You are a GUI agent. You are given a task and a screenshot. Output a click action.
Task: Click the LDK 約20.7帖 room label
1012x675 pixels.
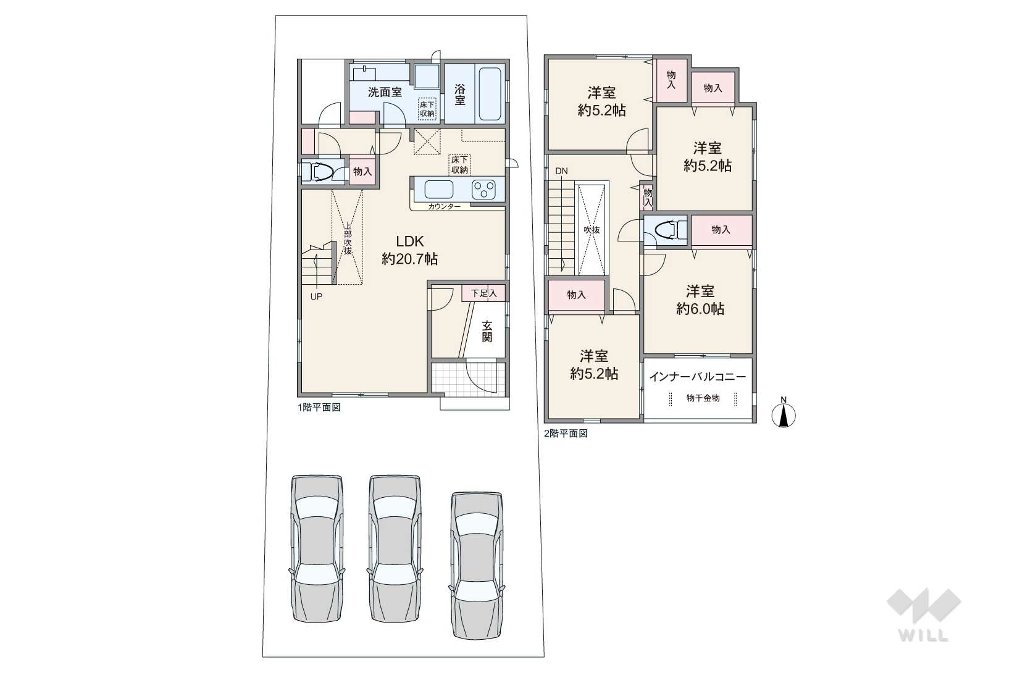point(410,249)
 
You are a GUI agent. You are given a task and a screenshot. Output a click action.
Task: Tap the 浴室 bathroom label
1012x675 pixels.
point(459,94)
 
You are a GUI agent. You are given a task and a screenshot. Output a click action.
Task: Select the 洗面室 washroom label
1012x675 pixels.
point(385,92)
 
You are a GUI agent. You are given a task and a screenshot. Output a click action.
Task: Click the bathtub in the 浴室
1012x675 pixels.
point(489,94)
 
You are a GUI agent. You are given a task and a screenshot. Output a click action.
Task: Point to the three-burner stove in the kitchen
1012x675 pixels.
point(483,190)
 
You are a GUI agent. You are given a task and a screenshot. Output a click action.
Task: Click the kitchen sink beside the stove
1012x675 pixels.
point(438,190)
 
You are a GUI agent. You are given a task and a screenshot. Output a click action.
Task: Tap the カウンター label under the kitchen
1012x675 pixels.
point(444,206)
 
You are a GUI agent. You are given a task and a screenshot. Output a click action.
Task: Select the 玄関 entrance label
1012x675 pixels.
point(487,331)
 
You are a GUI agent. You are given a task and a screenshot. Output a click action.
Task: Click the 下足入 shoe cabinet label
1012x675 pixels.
point(484,293)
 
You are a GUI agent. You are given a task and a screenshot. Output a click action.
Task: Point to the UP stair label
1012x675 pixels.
point(316,297)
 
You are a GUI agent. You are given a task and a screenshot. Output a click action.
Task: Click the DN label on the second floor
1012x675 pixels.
point(561,171)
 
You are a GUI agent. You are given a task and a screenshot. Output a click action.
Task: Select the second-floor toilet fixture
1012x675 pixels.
point(669,230)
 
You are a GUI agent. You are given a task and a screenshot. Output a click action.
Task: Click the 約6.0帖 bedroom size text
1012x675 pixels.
point(700,309)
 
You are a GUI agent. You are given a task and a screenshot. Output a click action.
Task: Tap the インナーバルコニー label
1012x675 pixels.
point(698,377)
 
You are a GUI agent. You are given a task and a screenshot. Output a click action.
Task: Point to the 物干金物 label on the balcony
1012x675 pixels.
point(703,398)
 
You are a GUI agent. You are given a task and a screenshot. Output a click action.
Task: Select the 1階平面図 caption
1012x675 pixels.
point(319,407)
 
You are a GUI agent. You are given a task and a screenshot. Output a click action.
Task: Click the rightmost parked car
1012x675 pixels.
point(477,566)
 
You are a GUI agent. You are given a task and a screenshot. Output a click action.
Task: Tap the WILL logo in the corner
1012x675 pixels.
point(924,614)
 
